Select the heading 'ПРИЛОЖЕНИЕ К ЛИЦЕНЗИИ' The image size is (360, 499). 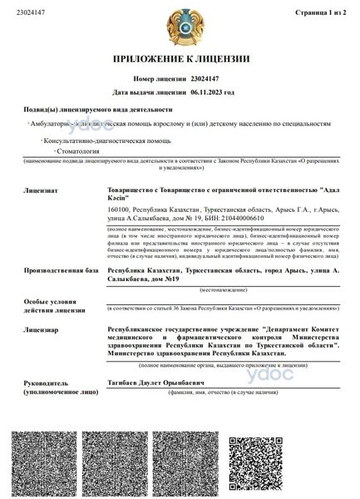pos(180,59)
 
